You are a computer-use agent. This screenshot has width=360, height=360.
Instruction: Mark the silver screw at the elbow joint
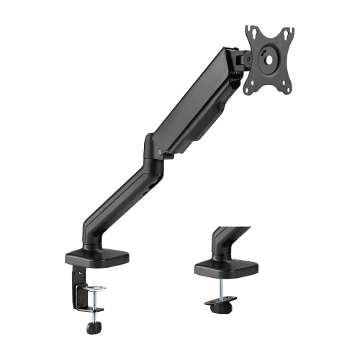[157, 152]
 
